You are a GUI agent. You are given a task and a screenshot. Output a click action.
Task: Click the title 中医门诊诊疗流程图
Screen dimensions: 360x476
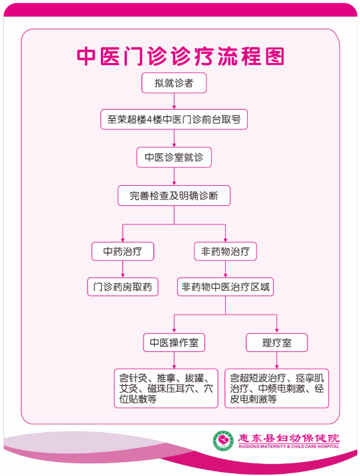point(181,56)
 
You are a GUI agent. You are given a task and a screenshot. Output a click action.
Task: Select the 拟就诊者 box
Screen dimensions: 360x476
point(174,83)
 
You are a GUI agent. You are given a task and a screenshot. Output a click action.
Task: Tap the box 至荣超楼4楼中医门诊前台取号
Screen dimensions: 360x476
point(174,119)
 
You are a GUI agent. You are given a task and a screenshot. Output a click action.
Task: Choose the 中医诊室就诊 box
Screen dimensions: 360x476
point(174,157)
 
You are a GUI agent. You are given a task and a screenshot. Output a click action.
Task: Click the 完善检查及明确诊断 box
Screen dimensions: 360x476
point(174,195)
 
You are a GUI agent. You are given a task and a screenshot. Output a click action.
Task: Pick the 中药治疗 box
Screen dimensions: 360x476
point(123,252)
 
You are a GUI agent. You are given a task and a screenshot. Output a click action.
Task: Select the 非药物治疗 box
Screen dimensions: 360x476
point(225,252)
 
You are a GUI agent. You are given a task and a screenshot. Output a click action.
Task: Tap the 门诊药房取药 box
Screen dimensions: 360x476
point(123,287)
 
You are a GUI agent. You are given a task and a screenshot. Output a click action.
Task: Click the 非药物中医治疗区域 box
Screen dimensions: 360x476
point(225,287)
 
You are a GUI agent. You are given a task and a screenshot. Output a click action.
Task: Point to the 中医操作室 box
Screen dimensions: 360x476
point(174,343)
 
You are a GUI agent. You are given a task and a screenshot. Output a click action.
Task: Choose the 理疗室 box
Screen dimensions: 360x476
point(277,343)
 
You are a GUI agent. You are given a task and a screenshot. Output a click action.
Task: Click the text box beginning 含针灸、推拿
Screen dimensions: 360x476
point(166,388)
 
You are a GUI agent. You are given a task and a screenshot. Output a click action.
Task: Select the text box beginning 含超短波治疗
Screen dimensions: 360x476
point(277,388)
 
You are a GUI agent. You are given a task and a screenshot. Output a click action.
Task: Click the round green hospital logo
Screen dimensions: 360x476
point(223,441)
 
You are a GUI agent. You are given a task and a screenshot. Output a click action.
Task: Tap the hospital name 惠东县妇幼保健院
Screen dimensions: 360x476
point(288,438)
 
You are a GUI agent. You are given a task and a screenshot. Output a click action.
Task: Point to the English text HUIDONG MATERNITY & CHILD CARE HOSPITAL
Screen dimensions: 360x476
point(289,447)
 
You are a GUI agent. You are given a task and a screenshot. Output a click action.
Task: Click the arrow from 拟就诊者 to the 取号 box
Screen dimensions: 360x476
point(174,101)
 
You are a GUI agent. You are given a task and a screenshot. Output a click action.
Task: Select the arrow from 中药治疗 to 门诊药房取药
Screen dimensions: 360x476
point(123,269)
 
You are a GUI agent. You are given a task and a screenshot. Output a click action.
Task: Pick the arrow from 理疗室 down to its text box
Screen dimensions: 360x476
point(277,360)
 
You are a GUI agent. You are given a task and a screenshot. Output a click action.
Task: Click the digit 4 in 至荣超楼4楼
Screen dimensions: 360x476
point(149,119)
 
